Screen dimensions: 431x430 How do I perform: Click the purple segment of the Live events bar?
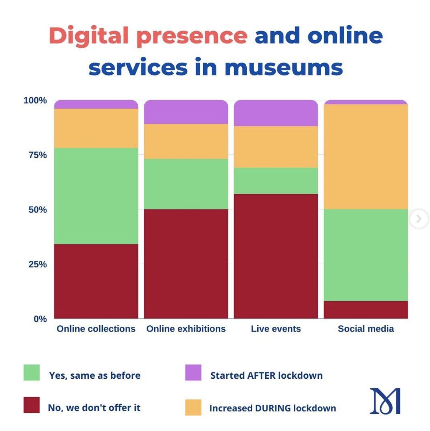click(x=276, y=113)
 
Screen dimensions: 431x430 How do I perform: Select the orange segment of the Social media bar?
click(x=366, y=157)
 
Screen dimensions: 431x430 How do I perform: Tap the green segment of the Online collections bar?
click(x=96, y=196)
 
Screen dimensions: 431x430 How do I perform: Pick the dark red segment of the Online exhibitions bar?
click(x=186, y=264)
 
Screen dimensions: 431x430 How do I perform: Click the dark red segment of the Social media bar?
click(x=366, y=310)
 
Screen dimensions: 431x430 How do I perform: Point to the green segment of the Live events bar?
click(x=276, y=181)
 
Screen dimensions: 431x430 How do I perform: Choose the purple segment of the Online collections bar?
click(x=96, y=105)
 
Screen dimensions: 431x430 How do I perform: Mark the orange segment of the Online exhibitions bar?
click(x=186, y=141)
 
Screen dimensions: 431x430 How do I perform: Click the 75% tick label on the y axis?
click(x=38, y=155)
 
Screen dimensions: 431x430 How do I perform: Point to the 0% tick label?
click(x=40, y=319)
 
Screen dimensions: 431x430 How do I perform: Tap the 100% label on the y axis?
click(x=35, y=101)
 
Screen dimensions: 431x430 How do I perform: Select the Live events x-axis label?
click(x=276, y=329)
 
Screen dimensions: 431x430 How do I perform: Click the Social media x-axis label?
click(x=366, y=329)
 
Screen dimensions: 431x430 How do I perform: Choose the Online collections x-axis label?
click(x=96, y=329)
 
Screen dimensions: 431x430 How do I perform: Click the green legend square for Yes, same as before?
click(x=32, y=372)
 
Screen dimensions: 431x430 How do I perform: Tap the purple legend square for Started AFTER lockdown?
click(x=193, y=372)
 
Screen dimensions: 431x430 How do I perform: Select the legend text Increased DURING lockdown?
click(x=272, y=408)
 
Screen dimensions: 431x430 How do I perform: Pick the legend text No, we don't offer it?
click(x=94, y=408)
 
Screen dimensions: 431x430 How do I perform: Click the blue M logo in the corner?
click(x=385, y=401)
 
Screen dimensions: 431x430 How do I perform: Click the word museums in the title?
click(x=283, y=68)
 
